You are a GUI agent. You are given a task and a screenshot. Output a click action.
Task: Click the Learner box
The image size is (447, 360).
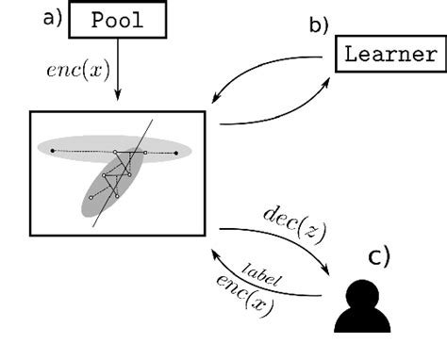pos(389,54)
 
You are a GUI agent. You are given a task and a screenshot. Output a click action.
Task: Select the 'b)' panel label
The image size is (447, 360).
pos(319,25)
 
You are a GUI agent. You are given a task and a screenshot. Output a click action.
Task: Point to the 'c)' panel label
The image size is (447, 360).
pos(379,256)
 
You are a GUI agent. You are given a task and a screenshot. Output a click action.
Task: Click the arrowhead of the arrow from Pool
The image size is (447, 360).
pos(117,102)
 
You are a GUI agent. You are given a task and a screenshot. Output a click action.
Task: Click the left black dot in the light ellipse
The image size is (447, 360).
pos(52,150)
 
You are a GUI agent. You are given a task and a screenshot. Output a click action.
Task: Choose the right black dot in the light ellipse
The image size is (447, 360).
pos(177,152)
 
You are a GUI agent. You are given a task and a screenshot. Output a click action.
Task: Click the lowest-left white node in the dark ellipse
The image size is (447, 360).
pos(91,197)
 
